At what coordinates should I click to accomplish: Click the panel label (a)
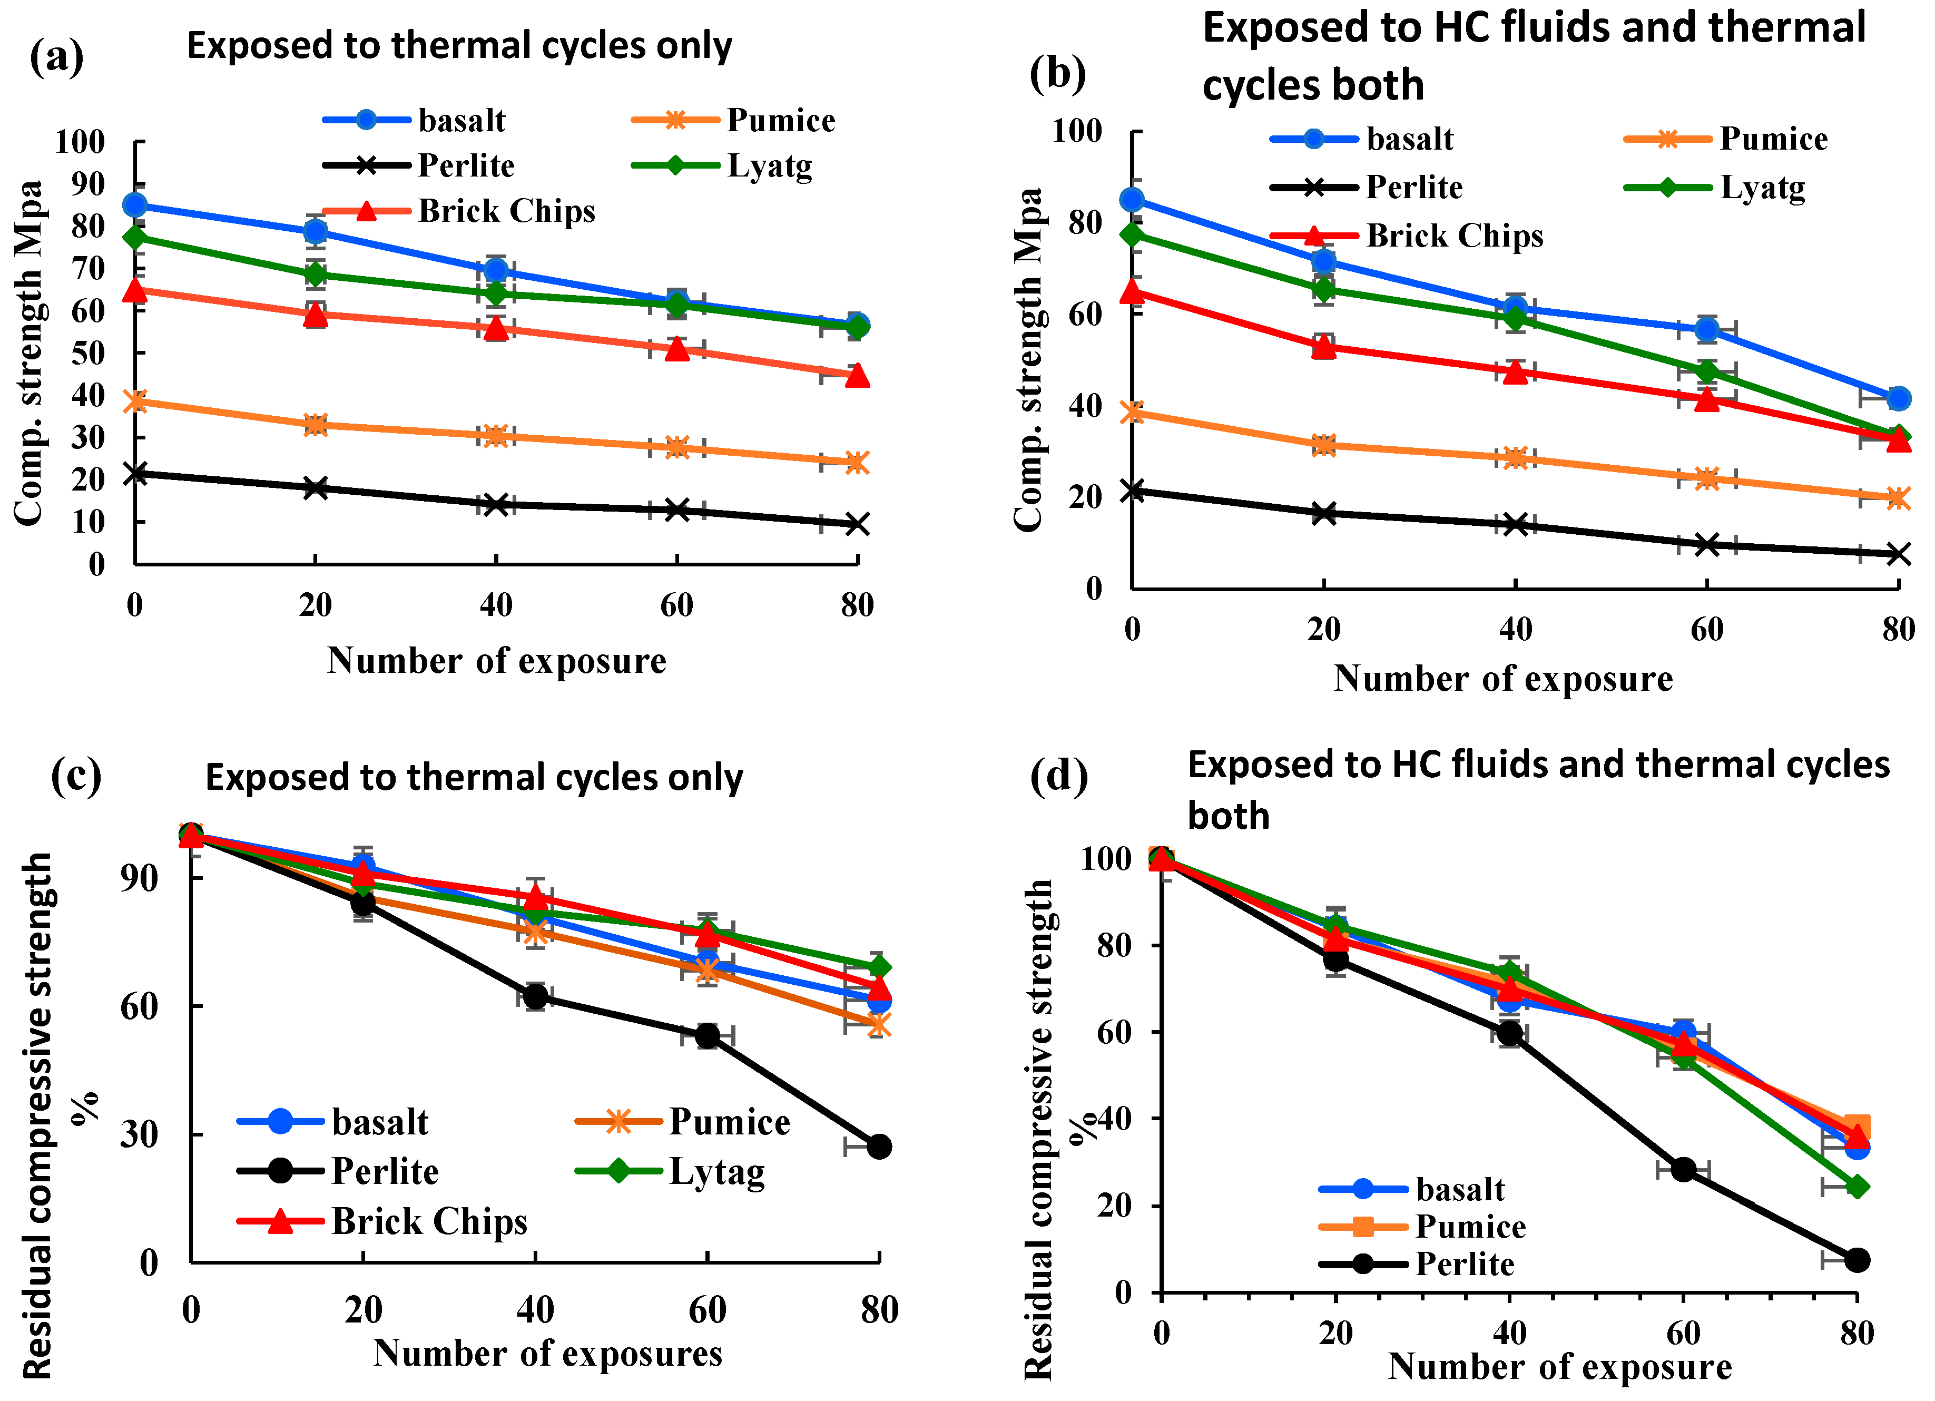click(x=56, y=58)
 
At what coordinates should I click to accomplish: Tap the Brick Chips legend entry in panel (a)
click(x=505, y=211)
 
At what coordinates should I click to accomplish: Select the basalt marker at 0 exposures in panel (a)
click(x=135, y=205)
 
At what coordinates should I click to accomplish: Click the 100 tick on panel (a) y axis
click(x=80, y=142)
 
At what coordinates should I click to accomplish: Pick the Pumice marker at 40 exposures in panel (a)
click(x=496, y=436)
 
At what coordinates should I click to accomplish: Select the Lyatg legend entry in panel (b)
click(x=1762, y=188)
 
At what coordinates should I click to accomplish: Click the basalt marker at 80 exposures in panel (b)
click(x=1898, y=398)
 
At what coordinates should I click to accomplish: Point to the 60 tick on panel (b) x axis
click(x=1706, y=630)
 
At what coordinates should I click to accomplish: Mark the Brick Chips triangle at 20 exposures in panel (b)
click(x=1323, y=346)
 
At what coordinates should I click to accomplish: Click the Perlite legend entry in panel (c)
click(x=384, y=1171)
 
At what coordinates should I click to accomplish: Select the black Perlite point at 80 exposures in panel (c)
click(x=879, y=1147)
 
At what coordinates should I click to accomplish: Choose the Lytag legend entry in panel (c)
click(x=716, y=1171)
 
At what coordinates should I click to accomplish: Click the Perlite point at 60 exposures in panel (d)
click(x=1683, y=1170)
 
